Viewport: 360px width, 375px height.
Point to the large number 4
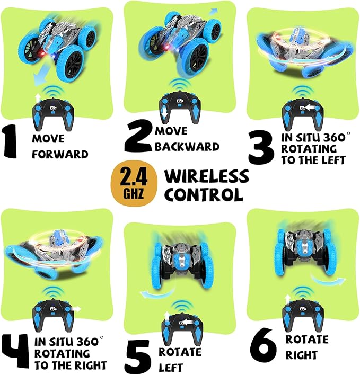point(17,352)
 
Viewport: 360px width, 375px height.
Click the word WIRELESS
point(206,176)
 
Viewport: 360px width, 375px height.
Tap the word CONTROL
point(203,194)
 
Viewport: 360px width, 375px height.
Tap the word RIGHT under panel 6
point(301,355)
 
